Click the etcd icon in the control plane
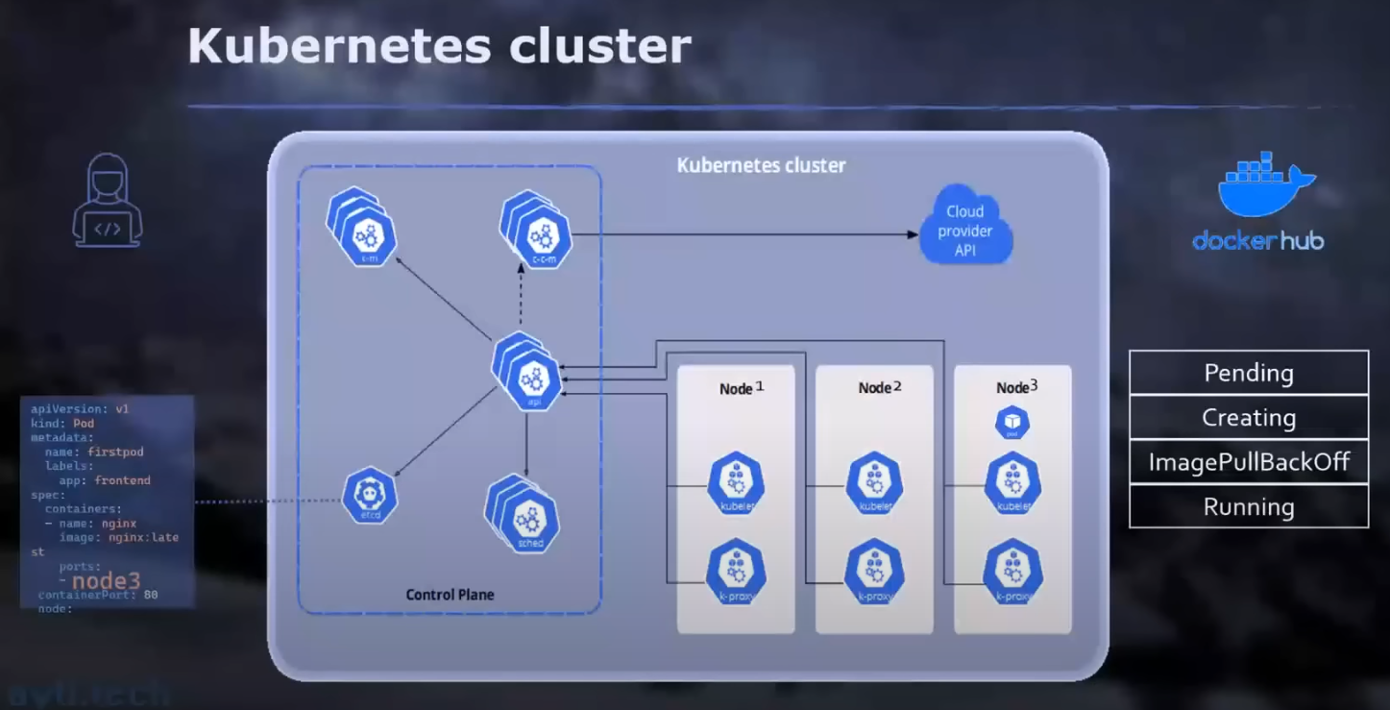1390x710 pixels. [x=370, y=495]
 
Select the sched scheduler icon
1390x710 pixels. [x=528, y=522]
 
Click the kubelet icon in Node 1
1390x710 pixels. [x=736, y=482]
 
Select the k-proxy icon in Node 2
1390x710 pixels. [x=874, y=573]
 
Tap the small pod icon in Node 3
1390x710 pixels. [x=1012, y=423]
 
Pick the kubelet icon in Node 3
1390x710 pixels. [x=1013, y=482]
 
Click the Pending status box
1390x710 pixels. [x=1248, y=373]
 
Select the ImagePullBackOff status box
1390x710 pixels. [x=1248, y=462]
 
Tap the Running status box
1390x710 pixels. [x=1248, y=506]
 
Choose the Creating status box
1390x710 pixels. [x=1248, y=418]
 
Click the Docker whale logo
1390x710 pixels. [x=1264, y=185]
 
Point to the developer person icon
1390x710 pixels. [x=108, y=204]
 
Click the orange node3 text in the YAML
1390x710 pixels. [x=106, y=581]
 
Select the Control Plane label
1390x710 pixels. [x=450, y=595]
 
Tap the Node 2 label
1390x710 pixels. [x=880, y=387]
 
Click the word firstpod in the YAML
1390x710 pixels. [x=114, y=452]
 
